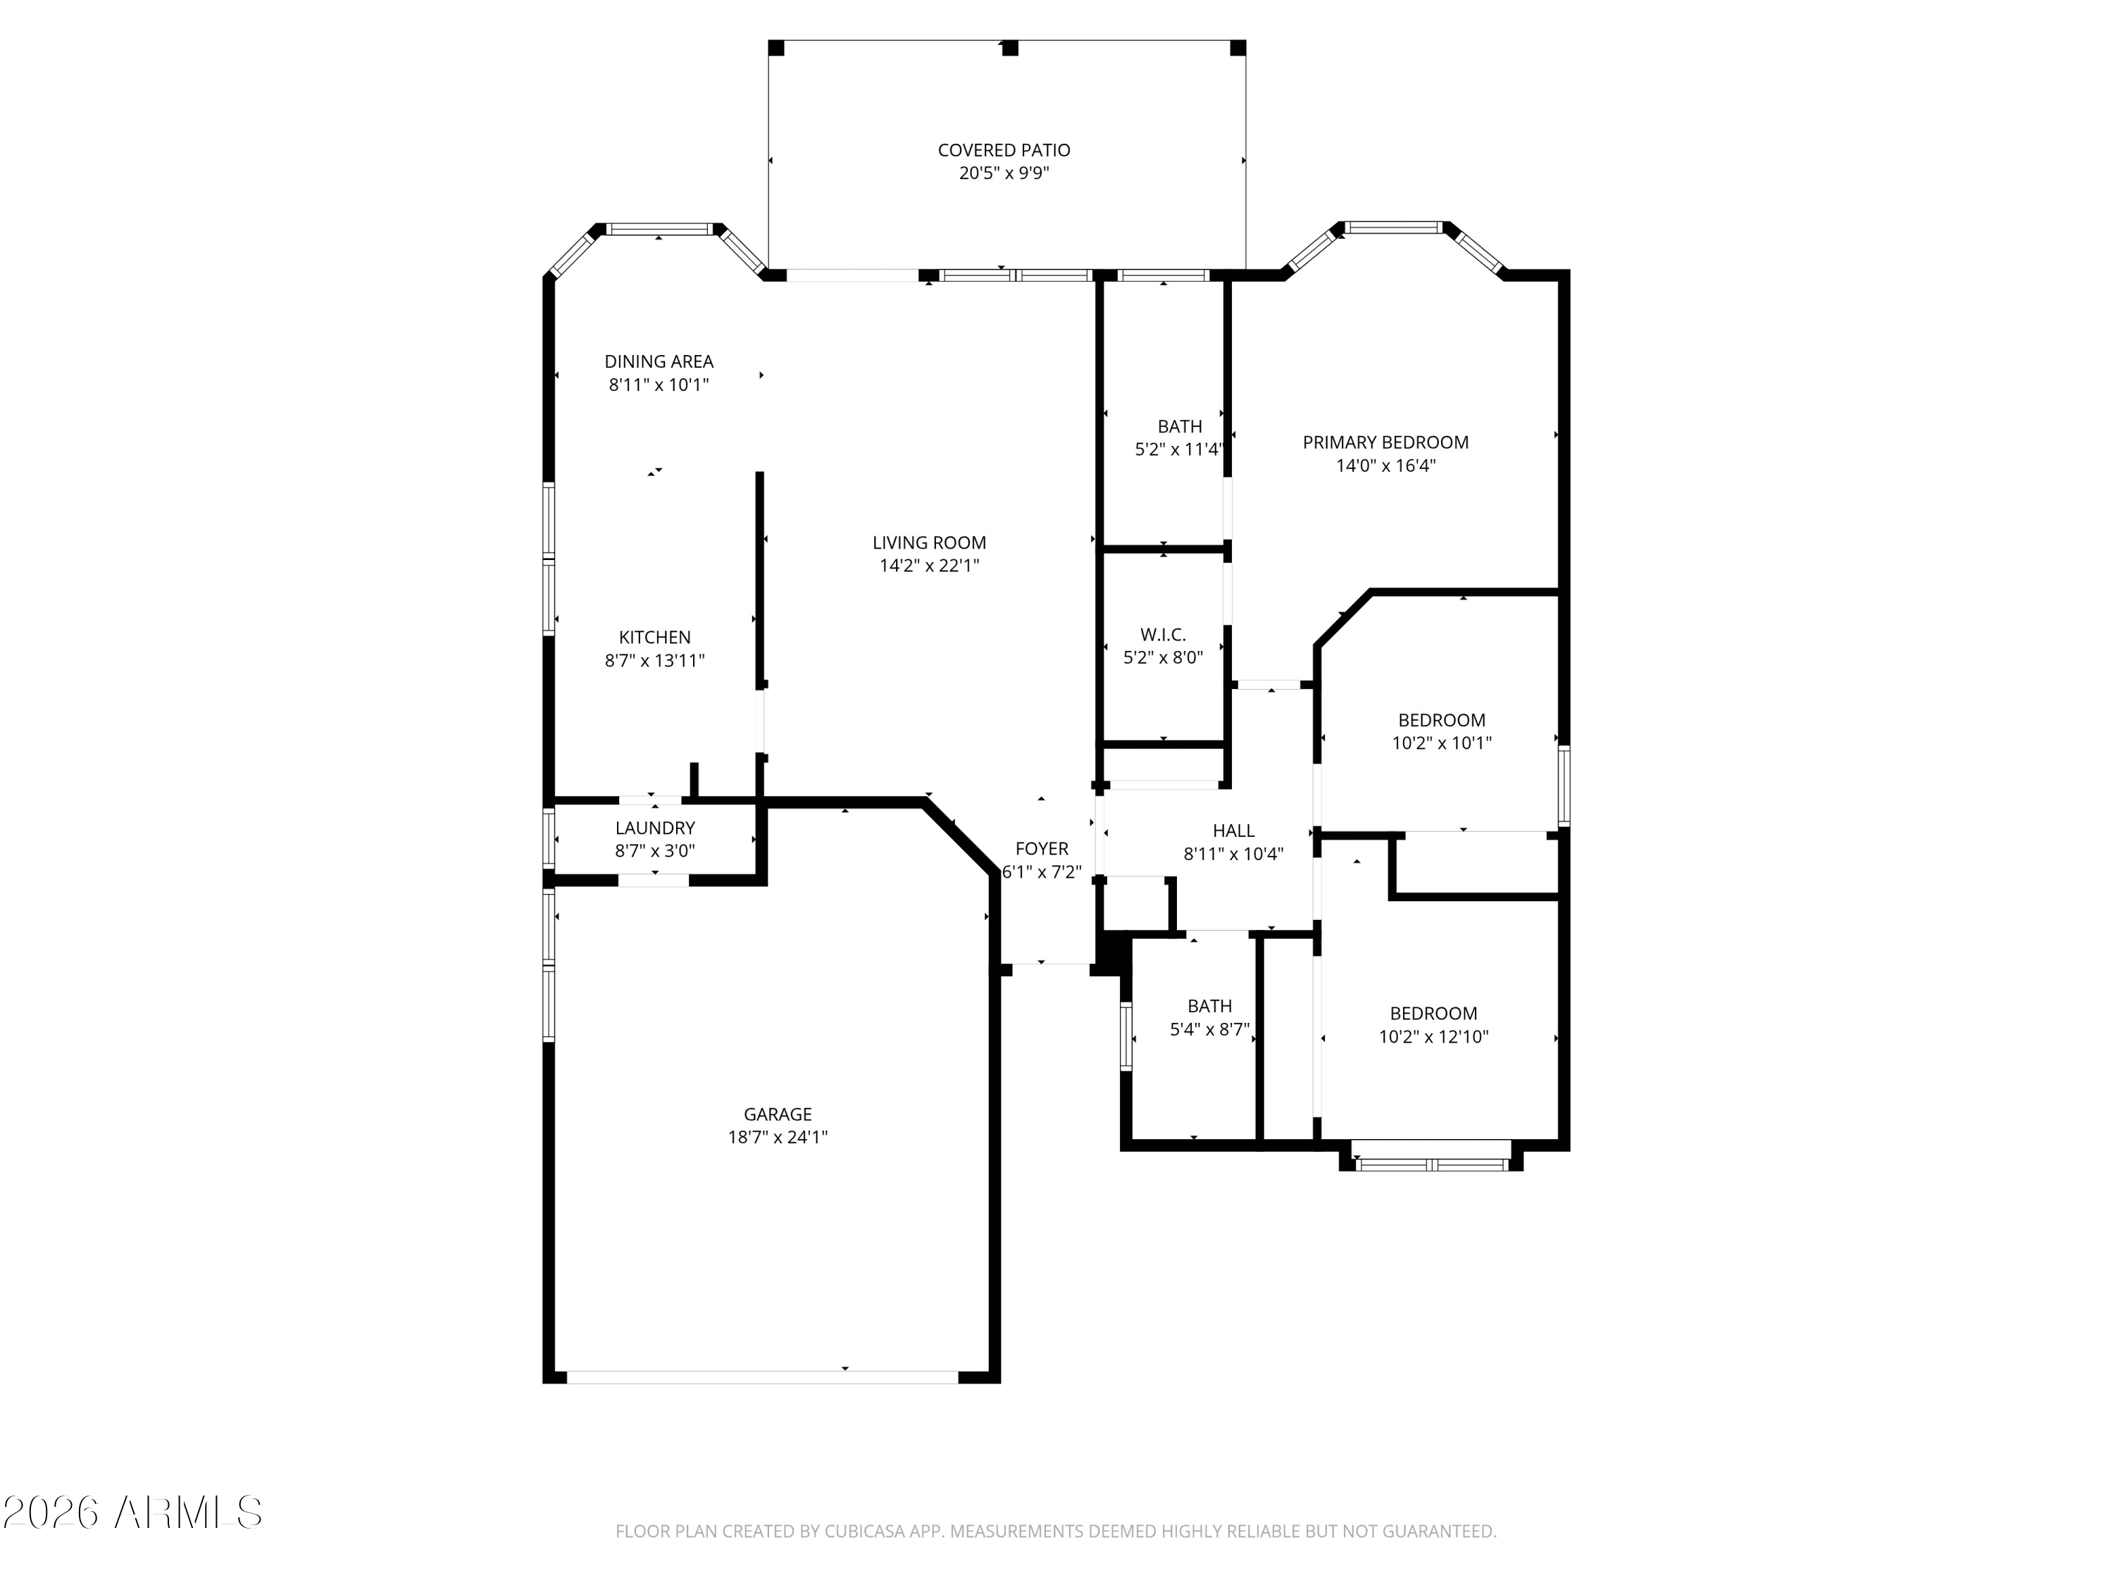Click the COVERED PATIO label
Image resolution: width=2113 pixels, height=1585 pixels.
1004,150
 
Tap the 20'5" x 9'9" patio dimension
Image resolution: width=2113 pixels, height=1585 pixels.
1004,173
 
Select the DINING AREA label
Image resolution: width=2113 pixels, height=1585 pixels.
659,361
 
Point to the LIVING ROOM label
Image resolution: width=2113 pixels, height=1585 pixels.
930,542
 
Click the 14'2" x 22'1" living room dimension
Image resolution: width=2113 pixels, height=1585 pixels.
930,566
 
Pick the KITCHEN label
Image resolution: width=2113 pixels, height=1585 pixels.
654,638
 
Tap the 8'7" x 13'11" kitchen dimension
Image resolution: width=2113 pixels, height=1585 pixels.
654,660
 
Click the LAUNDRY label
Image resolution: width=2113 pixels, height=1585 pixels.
655,828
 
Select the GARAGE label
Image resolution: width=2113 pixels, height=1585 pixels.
778,1114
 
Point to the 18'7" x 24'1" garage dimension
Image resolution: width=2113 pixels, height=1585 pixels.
778,1137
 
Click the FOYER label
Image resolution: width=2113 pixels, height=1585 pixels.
1042,848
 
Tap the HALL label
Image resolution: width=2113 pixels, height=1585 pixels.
1233,831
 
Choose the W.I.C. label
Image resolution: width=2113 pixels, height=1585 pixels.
1164,635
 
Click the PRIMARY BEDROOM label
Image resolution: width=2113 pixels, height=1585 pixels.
1386,442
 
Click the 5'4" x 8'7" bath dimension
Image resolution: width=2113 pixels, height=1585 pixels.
1209,1029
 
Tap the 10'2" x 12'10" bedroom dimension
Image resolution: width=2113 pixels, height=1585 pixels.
1434,1037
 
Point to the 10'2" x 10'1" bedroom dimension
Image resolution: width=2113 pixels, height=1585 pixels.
1442,743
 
